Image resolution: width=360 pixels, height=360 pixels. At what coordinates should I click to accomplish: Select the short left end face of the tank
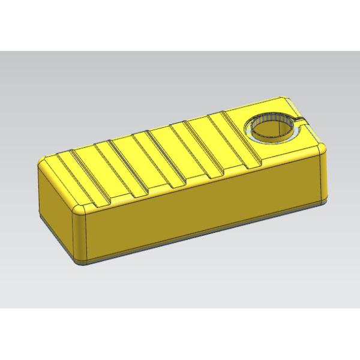point(57,204)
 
